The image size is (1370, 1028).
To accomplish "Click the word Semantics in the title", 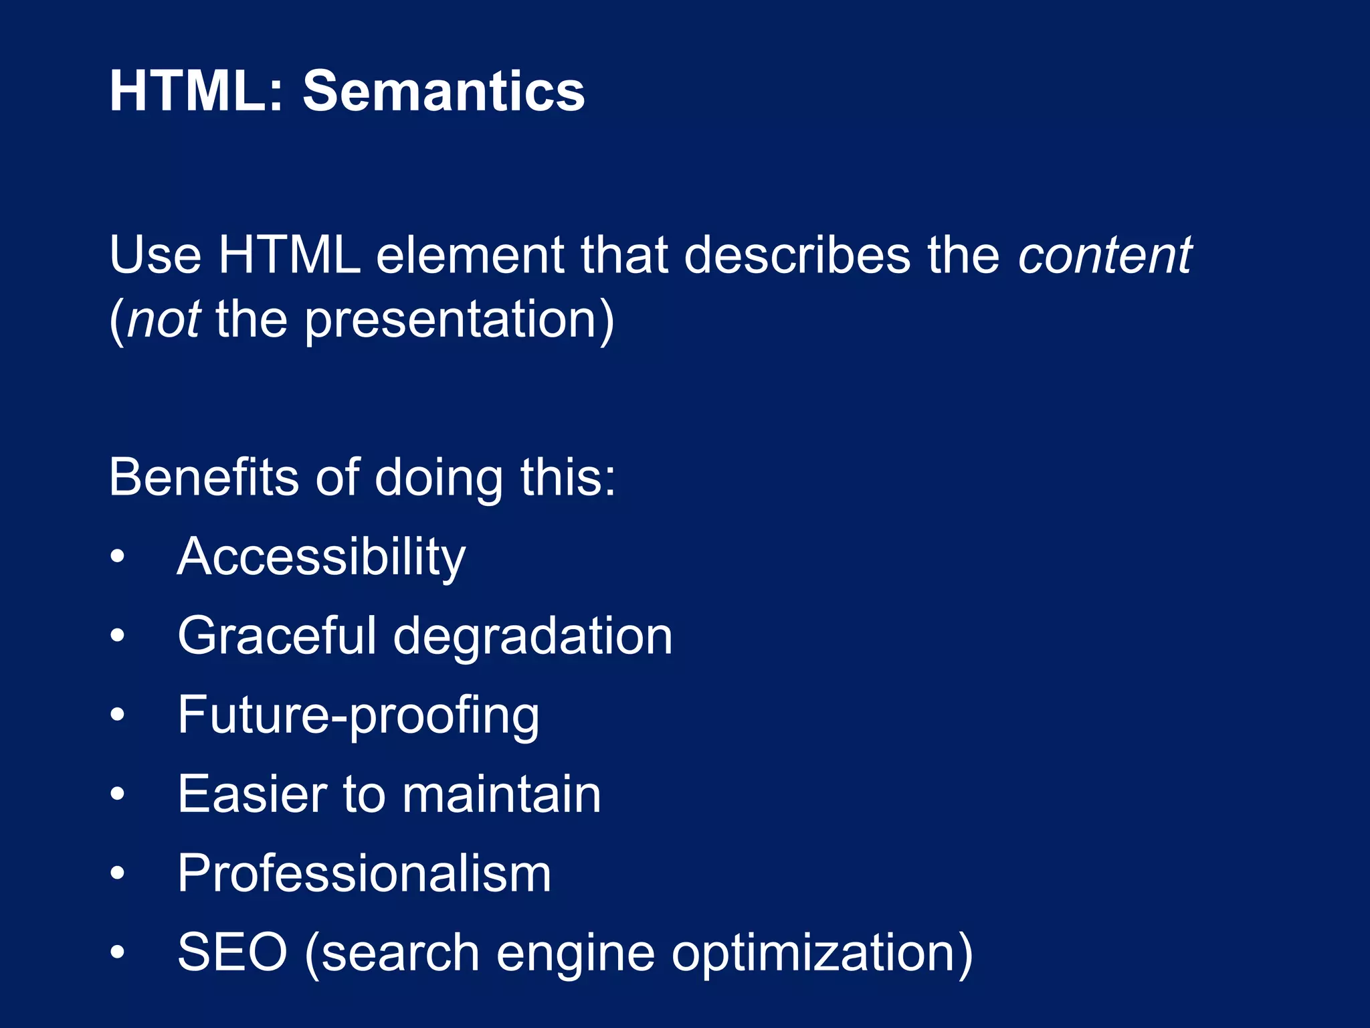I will (x=444, y=91).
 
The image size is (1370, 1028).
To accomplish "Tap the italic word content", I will (x=1104, y=255).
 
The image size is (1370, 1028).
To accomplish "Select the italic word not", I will (x=164, y=319).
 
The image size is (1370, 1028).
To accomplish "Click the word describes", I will (x=797, y=255).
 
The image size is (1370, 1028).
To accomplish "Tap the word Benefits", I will (x=203, y=477).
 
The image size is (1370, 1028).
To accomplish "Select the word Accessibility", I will (x=321, y=558).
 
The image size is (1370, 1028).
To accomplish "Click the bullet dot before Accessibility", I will (x=118, y=557).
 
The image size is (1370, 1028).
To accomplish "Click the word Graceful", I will (x=277, y=636).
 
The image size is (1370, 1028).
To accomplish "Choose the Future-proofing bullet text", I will (x=359, y=715).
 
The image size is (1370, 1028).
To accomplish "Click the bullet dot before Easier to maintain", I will (x=118, y=794).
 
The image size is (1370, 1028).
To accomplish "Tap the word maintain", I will (x=502, y=794).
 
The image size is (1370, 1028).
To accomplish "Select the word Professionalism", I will (x=365, y=873).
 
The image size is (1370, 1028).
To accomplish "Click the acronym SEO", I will (x=232, y=952).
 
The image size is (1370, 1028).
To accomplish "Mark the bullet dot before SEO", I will (x=118, y=952).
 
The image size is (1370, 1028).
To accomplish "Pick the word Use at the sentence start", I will (x=155, y=255).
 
